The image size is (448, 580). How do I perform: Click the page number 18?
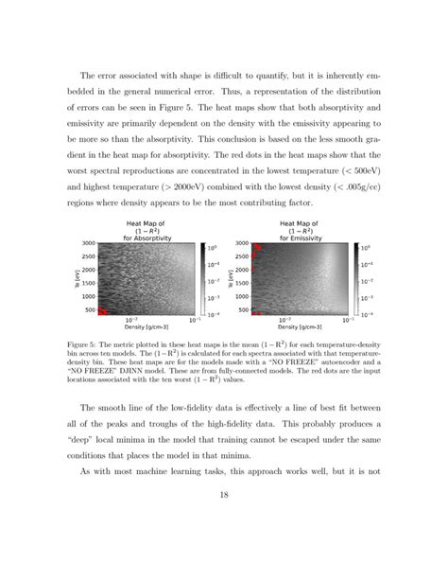coord(224,519)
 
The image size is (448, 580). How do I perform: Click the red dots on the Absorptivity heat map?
coord(105,311)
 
